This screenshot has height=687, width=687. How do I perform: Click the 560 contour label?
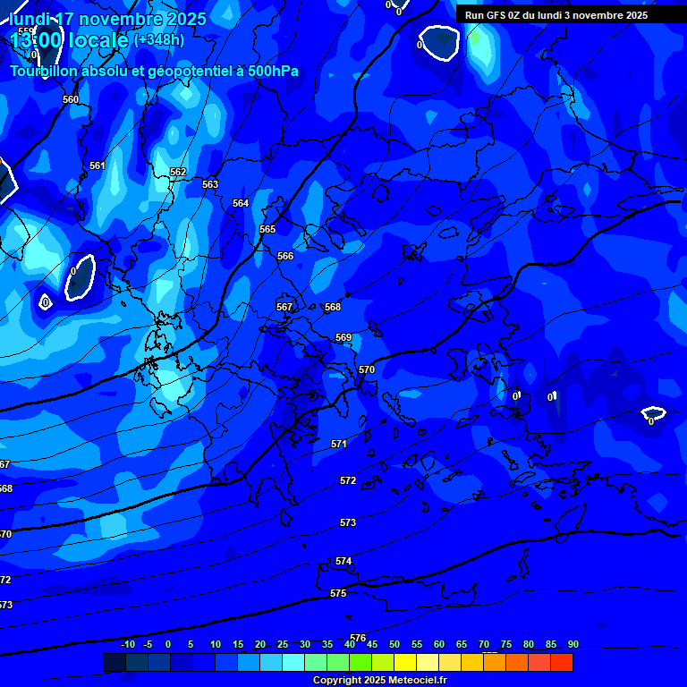pyautogui.click(x=71, y=99)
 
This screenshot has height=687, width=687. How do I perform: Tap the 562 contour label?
pyautogui.click(x=178, y=172)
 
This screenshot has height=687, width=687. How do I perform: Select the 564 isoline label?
pyautogui.click(x=241, y=203)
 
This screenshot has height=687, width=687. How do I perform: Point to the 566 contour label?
pyautogui.click(x=285, y=256)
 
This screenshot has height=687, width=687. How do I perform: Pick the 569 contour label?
pyautogui.click(x=343, y=337)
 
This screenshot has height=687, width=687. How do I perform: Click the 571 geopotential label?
pyautogui.click(x=339, y=444)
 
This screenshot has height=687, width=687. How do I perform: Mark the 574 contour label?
pyautogui.click(x=343, y=561)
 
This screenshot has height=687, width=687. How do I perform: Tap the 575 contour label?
pyautogui.click(x=338, y=593)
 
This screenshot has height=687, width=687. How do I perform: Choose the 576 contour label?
pyautogui.click(x=358, y=638)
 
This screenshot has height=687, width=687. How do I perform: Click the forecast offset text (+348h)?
pyautogui.click(x=159, y=39)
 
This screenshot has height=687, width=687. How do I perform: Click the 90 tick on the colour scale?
pyautogui.click(x=573, y=644)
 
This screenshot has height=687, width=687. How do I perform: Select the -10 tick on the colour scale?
pyautogui.click(x=127, y=644)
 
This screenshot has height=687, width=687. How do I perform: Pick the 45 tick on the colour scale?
pyautogui.click(x=372, y=644)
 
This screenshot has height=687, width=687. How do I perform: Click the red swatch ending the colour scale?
pyautogui.click(x=562, y=662)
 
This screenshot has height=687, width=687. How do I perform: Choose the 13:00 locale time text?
pyautogui.click(x=67, y=40)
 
